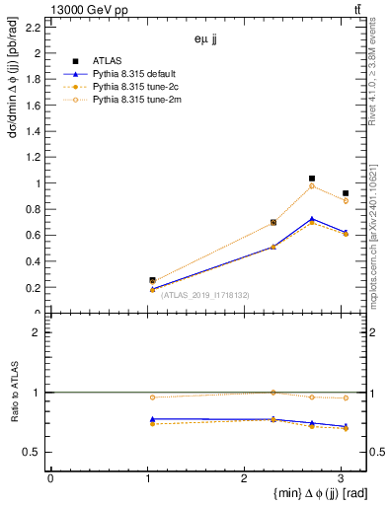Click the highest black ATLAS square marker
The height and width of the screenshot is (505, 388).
point(312,179)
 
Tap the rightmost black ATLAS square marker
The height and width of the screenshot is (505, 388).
point(345,193)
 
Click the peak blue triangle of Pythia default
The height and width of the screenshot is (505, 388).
point(312,219)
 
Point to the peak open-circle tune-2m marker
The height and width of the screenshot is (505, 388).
point(312,186)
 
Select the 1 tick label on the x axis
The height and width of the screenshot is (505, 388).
point(147,477)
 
